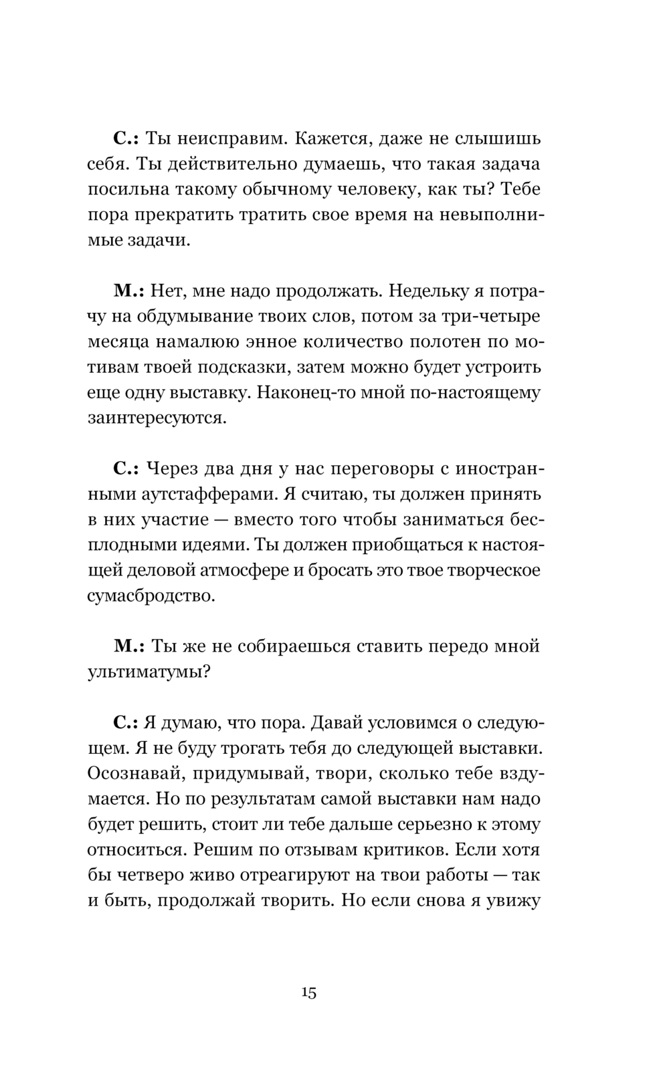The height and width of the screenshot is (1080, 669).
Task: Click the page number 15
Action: [308, 992]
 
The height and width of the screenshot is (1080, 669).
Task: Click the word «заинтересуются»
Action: [157, 418]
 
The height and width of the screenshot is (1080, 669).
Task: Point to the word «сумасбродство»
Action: [151, 595]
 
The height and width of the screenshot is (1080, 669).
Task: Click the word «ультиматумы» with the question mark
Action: [150, 672]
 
